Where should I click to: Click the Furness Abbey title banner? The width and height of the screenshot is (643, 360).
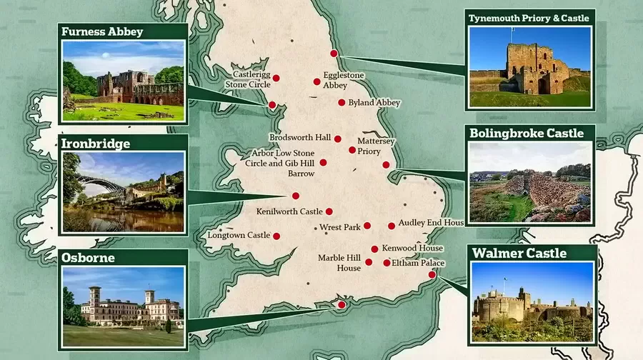[103, 31]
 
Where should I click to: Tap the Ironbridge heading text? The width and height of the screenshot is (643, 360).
[96, 144]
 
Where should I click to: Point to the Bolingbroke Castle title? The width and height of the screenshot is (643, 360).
[527, 133]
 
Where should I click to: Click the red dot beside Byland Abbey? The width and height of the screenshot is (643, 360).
[342, 103]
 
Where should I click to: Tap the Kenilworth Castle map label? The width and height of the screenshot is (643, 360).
[289, 211]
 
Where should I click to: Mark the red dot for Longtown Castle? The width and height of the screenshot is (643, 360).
[276, 236]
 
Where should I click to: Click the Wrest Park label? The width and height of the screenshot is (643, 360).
[339, 227]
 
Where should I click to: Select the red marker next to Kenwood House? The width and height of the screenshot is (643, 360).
[374, 249]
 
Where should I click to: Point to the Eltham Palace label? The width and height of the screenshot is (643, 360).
[418, 264]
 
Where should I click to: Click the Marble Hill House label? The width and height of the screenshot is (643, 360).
[339, 263]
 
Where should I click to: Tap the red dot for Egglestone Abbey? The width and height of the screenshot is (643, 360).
[316, 81]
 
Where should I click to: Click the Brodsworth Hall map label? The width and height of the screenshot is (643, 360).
[300, 137]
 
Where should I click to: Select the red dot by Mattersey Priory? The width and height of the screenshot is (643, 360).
[352, 150]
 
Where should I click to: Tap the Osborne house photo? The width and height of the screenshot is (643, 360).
[124, 306]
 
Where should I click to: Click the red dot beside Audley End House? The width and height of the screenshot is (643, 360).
[392, 226]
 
